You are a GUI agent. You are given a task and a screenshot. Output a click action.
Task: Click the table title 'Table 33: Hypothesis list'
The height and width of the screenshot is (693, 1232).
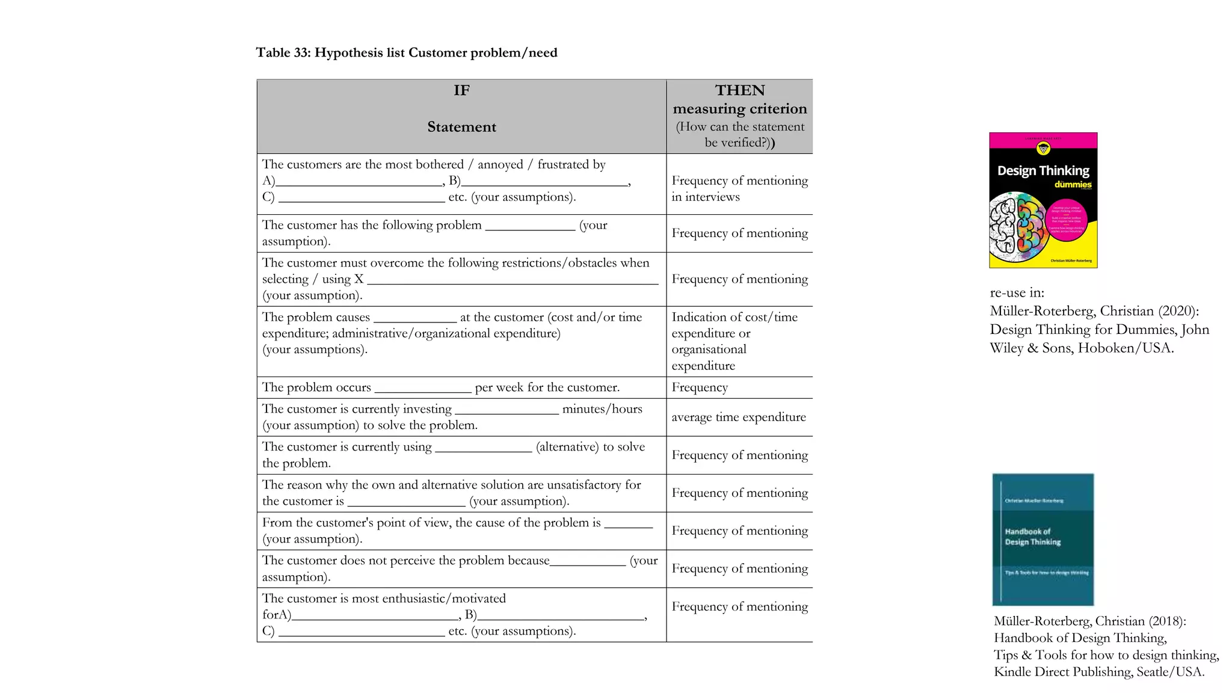pos(406,53)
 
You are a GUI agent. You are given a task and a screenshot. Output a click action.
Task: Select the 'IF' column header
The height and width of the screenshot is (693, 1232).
pos(461,91)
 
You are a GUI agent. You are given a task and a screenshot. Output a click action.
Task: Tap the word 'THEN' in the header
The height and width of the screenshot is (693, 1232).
pos(739,91)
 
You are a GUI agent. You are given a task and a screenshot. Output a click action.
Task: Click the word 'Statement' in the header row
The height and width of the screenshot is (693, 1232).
pos(461,127)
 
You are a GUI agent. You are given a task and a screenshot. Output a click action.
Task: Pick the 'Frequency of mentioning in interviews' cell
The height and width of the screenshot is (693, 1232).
pos(739,188)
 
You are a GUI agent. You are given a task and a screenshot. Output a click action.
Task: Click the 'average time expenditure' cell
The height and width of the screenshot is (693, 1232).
pos(738,417)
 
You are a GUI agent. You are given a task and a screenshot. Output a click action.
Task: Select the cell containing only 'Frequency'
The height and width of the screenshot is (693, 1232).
pos(700,387)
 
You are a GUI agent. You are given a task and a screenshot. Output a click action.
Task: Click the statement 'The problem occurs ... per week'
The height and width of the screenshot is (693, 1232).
pos(440,387)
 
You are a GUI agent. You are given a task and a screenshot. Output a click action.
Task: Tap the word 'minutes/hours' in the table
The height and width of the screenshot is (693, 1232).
pos(602,409)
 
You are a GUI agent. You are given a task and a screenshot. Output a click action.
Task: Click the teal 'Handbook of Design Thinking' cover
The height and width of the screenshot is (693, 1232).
pos(1043,539)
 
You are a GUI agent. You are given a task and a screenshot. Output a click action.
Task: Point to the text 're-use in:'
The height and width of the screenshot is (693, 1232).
pos(1017,293)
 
